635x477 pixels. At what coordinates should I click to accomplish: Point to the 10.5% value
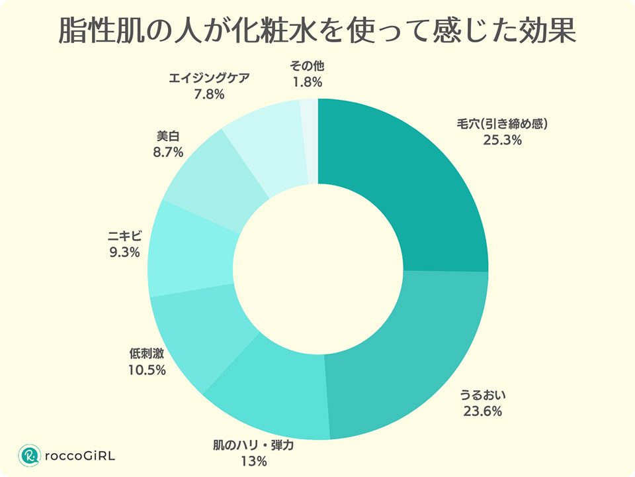[x=147, y=370]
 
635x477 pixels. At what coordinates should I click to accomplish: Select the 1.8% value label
[x=307, y=82]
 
